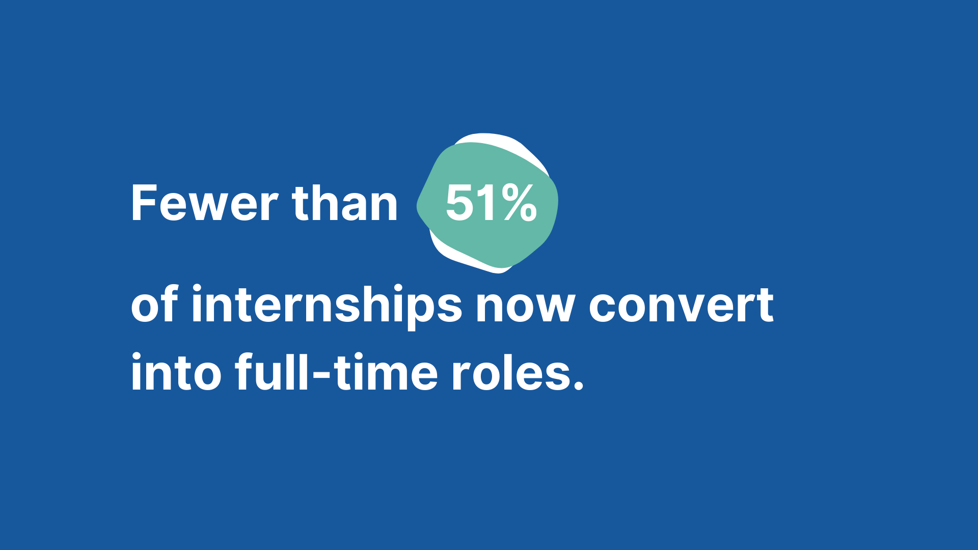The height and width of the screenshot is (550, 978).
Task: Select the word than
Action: click(345, 203)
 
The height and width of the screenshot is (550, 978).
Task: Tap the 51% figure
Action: click(491, 203)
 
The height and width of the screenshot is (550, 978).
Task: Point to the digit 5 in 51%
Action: click(460, 203)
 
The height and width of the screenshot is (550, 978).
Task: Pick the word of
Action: click(154, 304)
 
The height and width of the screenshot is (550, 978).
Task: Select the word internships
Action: click(327, 307)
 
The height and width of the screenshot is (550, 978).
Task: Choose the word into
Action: click(176, 372)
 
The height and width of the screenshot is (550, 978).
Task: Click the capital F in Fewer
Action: click(145, 203)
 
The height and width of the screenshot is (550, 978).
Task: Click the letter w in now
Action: click(554, 308)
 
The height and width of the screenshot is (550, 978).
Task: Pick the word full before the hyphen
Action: click(271, 372)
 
